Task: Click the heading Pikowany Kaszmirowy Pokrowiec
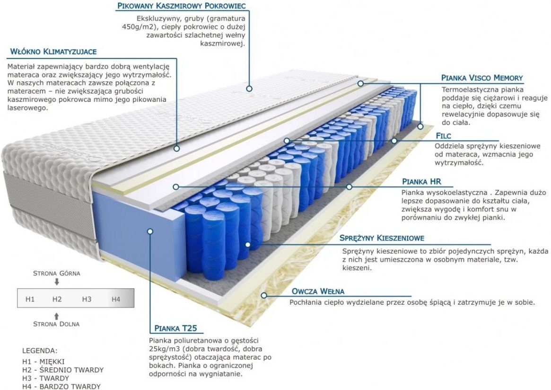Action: (181, 6)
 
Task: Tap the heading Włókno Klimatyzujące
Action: (53, 52)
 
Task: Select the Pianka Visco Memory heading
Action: (482, 78)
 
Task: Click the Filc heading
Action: (443, 136)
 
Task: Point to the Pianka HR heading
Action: (421, 182)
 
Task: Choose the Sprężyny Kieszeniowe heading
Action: (382, 238)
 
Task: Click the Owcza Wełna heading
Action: (318, 291)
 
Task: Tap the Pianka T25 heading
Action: (175, 328)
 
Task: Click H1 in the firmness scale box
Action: (30, 299)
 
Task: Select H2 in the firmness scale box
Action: (57, 299)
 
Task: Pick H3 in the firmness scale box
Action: (87, 299)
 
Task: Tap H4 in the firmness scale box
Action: (115, 299)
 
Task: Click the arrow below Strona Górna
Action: (57, 282)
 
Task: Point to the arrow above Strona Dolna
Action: (57, 316)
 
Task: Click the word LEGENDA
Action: (39, 351)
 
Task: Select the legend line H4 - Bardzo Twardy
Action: (61, 387)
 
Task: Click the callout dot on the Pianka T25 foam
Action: (150, 231)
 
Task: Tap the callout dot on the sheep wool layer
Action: (263, 295)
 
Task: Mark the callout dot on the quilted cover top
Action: (249, 89)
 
